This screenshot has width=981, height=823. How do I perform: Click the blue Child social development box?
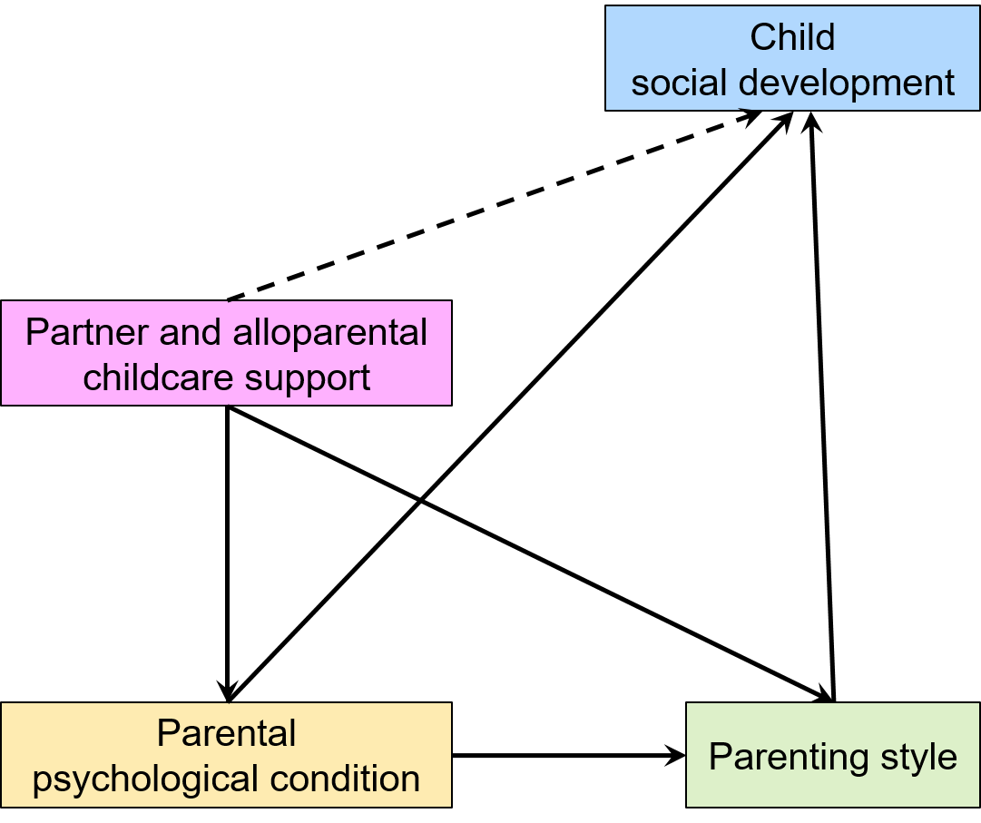point(792,58)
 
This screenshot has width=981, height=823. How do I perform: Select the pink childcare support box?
point(227,353)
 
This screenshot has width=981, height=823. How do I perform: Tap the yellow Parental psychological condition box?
point(227,755)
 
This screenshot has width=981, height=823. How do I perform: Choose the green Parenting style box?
point(833,755)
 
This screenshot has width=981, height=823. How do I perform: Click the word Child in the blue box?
point(792,37)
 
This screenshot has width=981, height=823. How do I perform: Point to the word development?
point(847,83)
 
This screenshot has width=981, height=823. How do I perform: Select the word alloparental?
point(330,331)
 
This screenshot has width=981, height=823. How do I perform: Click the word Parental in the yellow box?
point(227,733)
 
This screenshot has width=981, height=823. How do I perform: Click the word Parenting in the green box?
point(789,758)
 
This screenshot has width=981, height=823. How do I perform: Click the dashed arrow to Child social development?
point(495,206)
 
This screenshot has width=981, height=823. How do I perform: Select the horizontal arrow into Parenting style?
point(569,756)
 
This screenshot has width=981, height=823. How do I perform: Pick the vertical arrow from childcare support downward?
point(227,554)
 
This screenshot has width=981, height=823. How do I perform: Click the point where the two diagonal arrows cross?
point(421,500)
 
